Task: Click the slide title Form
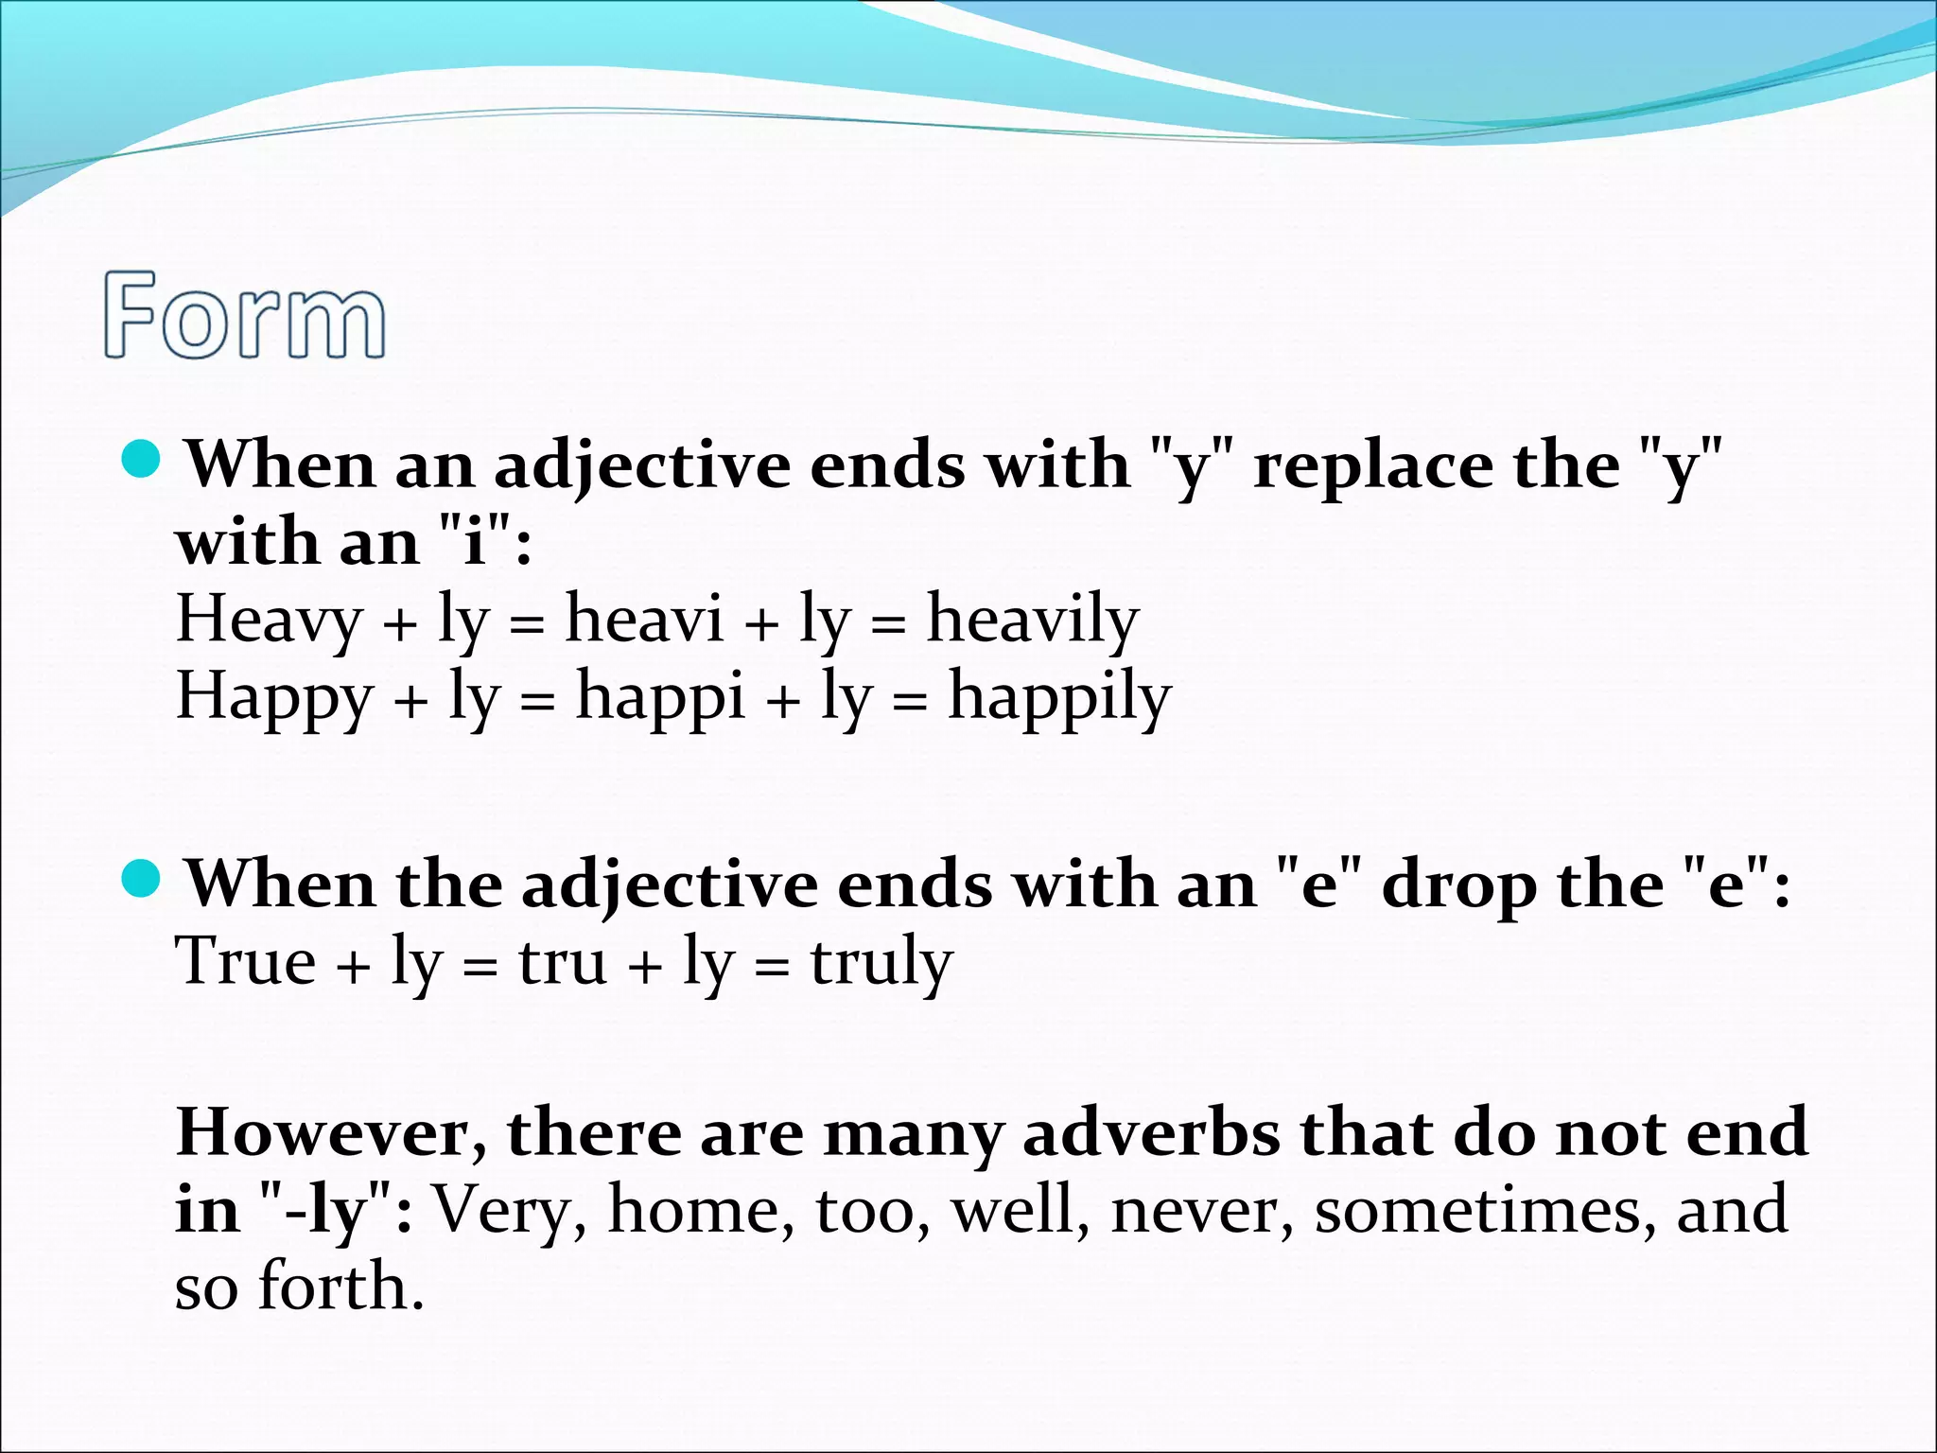click(x=245, y=315)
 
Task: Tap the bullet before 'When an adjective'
click(x=143, y=460)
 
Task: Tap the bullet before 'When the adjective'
click(x=143, y=880)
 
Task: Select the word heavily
click(x=1033, y=620)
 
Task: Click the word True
click(x=246, y=961)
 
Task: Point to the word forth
click(x=340, y=1287)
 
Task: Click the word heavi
click(x=644, y=620)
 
